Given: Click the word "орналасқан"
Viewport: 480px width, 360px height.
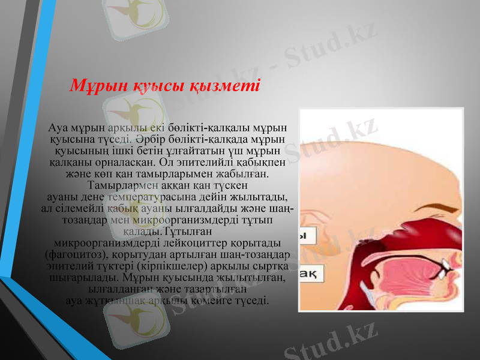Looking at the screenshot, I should (127, 162).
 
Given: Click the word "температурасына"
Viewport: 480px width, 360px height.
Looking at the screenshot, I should (152, 196).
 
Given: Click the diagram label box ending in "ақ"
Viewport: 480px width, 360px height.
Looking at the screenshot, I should (311, 274).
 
